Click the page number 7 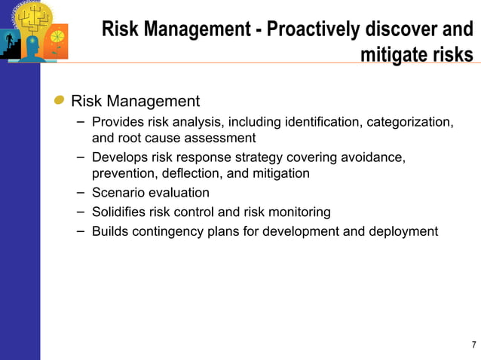[473, 346]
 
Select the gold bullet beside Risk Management [59, 101]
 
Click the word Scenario [117, 193]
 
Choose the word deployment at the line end [400, 231]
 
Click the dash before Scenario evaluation [81, 193]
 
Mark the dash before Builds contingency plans [81, 231]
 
